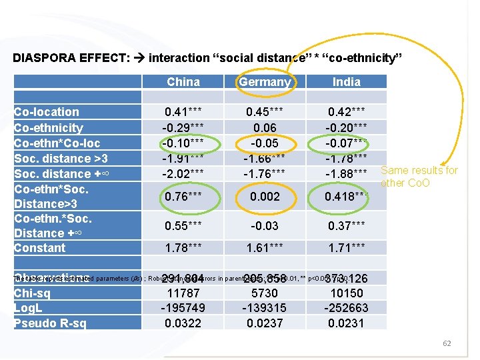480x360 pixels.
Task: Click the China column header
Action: tap(183, 82)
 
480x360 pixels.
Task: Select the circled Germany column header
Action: tap(265, 82)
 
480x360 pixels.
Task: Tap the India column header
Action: tap(346, 82)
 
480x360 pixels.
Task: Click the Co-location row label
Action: tap(47, 112)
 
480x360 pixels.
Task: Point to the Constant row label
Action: tap(40, 248)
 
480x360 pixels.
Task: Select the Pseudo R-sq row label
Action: tap(50, 323)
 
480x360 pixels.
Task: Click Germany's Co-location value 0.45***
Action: tap(265, 112)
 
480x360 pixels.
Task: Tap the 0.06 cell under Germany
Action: tap(265, 127)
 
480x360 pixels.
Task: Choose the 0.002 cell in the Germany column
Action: tap(265, 197)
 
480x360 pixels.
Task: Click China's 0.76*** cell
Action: tap(183, 197)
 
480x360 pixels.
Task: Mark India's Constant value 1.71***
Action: tap(346, 249)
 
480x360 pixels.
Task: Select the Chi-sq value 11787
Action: tap(183, 293)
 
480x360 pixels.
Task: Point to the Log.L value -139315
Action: tap(265, 308)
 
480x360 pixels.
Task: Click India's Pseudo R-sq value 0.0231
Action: tap(346, 323)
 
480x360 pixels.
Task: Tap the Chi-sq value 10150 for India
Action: tap(346, 293)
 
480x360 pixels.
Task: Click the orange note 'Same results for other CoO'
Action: tap(419, 177)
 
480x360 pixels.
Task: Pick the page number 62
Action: tap(447, 343)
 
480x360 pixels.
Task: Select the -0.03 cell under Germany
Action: tap(265, 226)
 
